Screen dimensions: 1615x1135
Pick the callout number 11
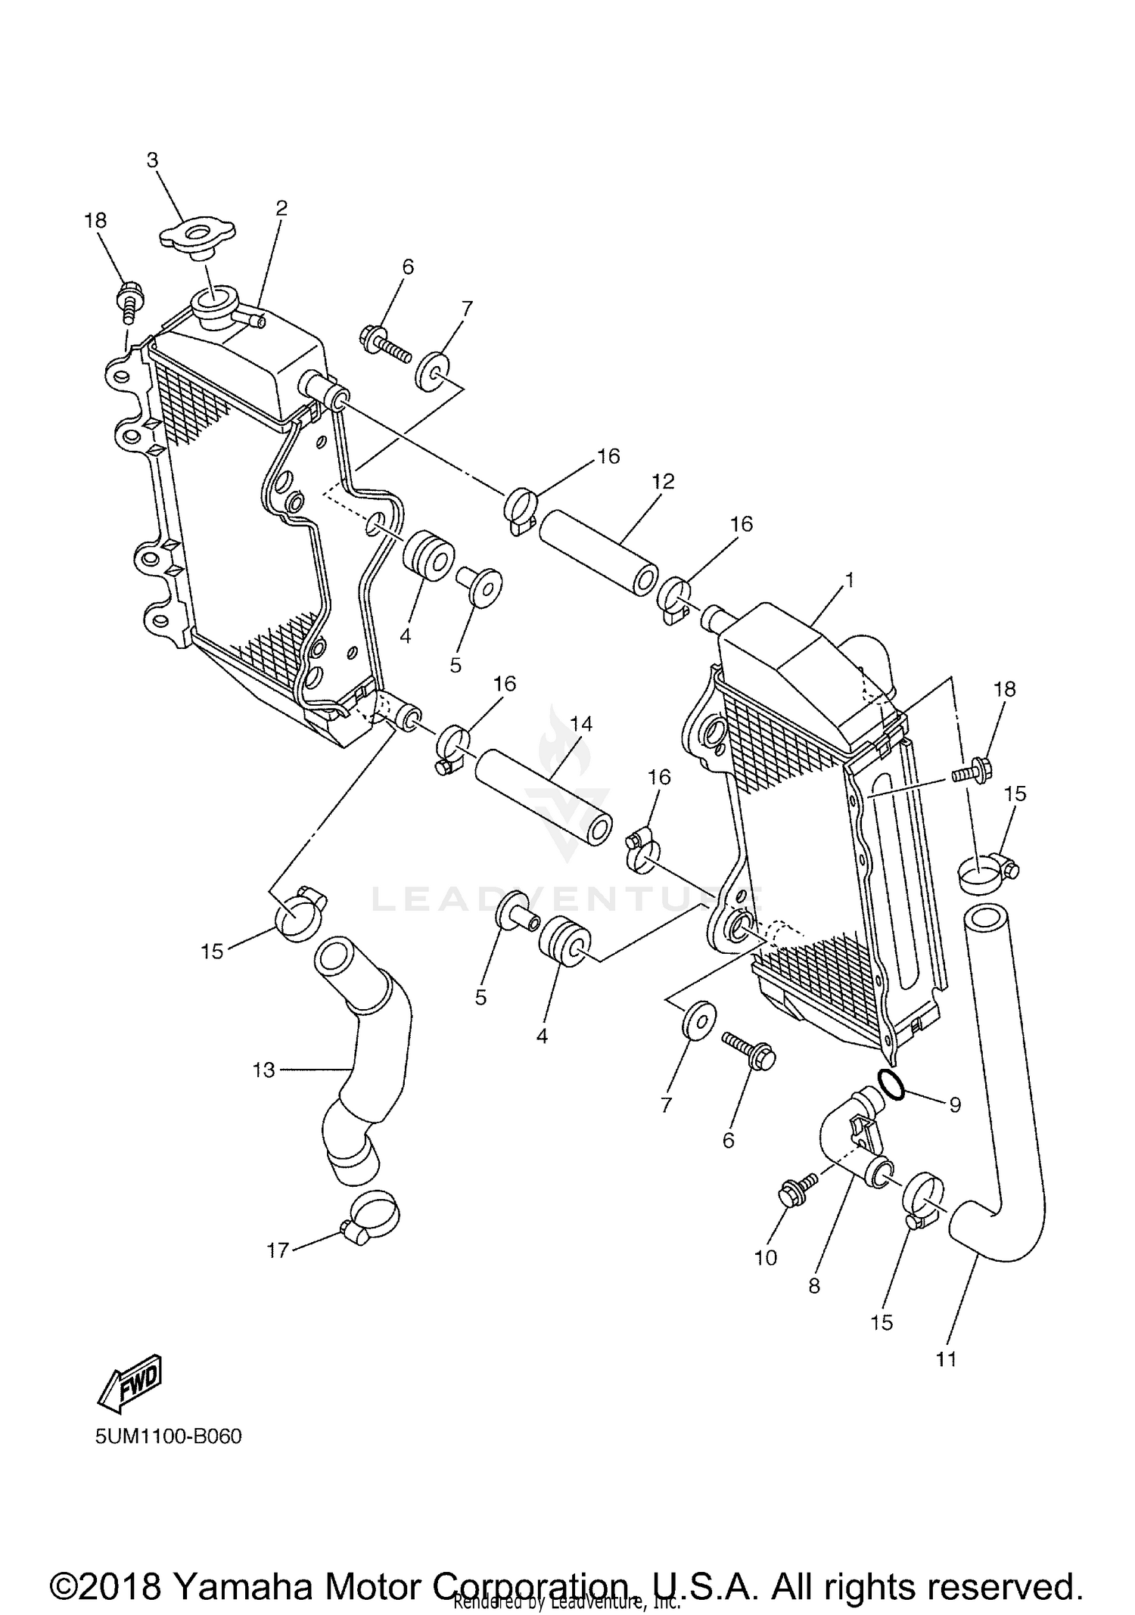point(946,1359)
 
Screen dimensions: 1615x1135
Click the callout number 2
point(281,208)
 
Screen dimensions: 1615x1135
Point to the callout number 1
point(850,580)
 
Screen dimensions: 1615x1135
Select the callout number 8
point(814,1286)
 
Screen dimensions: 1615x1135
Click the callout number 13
point(263,1070)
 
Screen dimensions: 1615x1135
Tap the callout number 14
point(581,724)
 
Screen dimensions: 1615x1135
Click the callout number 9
point(955,1105)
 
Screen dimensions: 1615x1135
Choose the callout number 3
point(153,160)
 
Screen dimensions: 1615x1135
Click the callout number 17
point(278,1250)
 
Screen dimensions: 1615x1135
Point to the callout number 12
point(663,481)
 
